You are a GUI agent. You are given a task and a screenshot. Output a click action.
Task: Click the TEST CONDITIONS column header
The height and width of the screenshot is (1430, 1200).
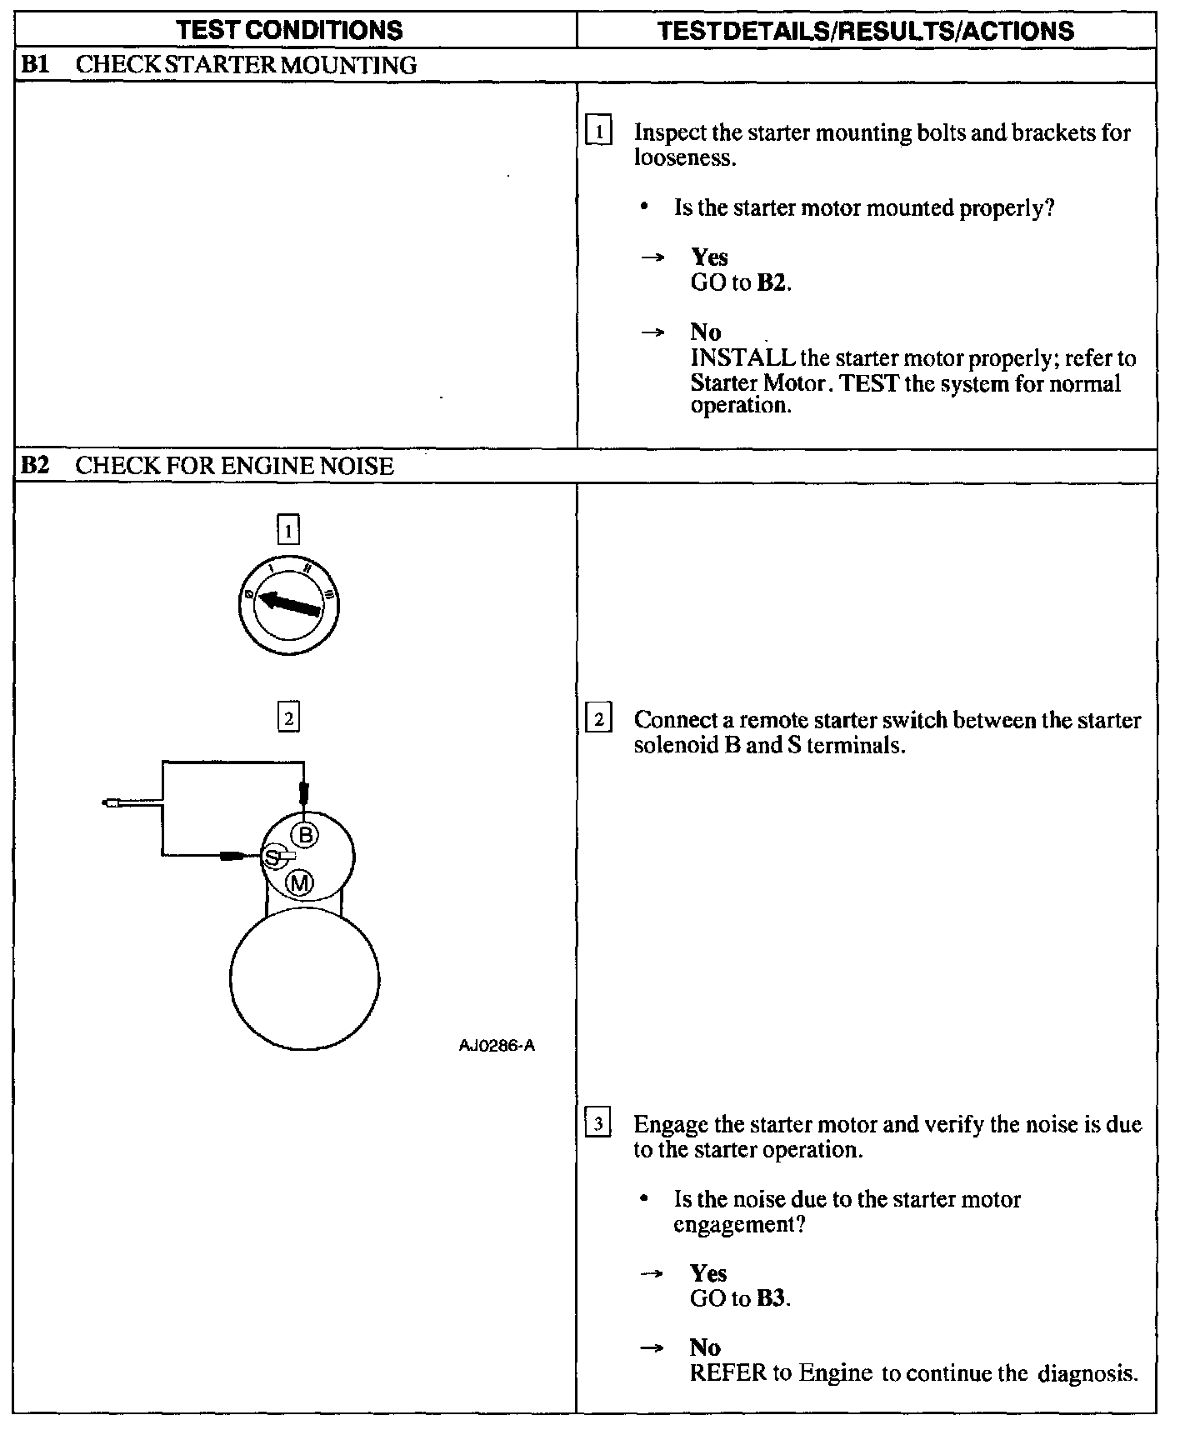pos(290,31)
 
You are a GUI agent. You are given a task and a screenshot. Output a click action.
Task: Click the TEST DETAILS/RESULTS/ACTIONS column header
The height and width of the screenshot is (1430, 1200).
pos(865,31)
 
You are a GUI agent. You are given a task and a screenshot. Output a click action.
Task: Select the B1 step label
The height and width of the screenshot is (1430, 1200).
pos(35,65)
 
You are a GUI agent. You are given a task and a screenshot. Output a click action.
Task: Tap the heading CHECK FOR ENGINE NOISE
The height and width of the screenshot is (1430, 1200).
pos(234,466)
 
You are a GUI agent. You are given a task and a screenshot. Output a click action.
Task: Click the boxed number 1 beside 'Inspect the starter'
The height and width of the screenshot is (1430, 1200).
pos(599,132)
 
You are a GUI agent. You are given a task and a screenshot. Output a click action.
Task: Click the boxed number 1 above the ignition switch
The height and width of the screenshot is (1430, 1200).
pos(287,530)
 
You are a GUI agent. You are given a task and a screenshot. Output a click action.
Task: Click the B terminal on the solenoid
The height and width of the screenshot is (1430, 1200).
pos(306,834)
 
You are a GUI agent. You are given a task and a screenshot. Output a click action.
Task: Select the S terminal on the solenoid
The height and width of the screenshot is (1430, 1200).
pos(272,857)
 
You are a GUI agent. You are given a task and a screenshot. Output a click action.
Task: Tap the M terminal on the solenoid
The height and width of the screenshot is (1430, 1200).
pos(299,882)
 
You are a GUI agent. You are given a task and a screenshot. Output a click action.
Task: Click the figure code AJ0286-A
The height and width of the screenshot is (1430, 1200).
pos(497,1046)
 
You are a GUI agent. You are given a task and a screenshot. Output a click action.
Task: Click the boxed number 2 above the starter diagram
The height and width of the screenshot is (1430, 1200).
pos(287,717)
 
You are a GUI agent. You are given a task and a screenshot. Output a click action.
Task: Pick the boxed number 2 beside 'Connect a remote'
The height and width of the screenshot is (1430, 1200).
pos(599,718)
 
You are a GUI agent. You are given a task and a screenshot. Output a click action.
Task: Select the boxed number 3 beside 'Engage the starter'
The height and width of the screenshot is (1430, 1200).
pos(599,1124)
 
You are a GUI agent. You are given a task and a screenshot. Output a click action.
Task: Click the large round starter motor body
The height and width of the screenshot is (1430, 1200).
pos(304,980)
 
